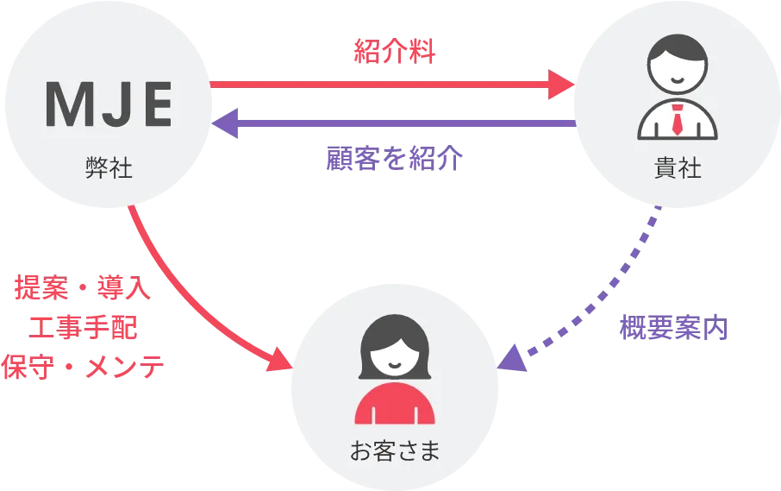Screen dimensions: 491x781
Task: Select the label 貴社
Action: (678, 168)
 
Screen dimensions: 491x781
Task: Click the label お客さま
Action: (395, 450)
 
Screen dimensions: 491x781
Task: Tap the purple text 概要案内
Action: (674, 330)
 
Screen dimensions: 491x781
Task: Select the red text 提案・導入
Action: (84, 290)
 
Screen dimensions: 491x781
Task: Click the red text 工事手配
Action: (83, 328)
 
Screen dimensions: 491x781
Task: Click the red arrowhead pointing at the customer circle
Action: (280, 361)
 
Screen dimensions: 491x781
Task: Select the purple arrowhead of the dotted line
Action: (513, 358)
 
